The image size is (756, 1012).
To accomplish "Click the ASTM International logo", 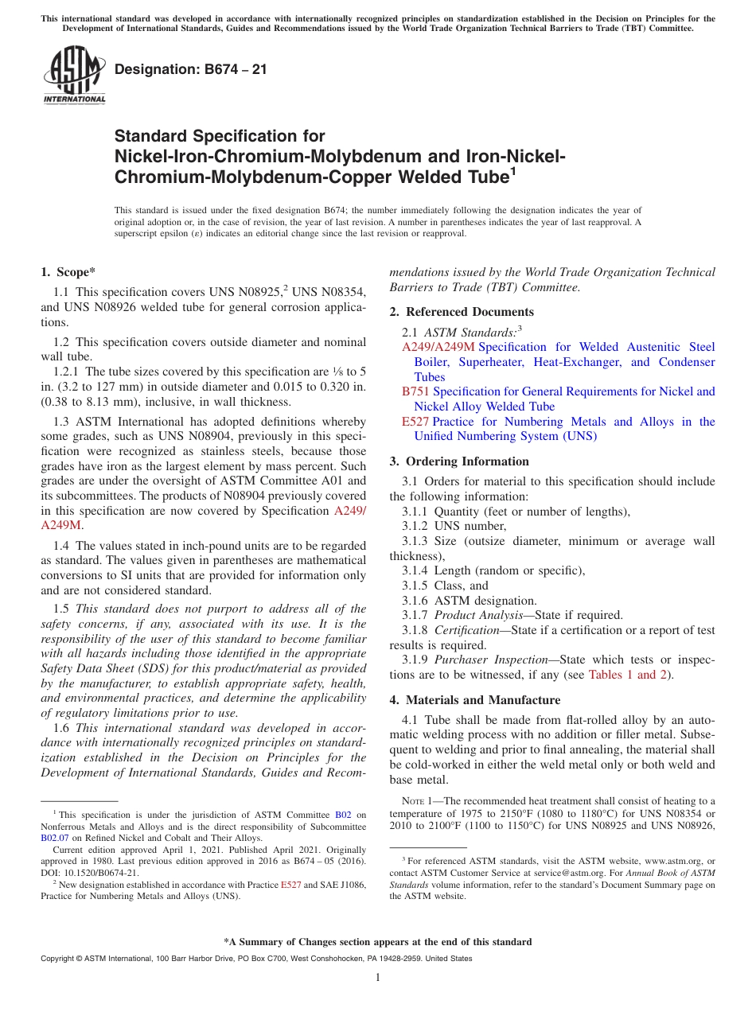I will pyautogui.click(x=74, y=76).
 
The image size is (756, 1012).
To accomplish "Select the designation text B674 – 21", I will pyautogui.click(x=191, y=70).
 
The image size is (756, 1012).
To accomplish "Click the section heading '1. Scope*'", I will pyautogui.click(x=68, y=272).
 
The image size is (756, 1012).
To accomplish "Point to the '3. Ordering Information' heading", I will pyautogui.click(x=459, y=461).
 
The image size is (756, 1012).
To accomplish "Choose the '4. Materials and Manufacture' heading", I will pyautogui.click(x=474, y=700).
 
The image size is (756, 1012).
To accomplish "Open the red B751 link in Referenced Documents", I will pyautogui.click(x=415, y=391).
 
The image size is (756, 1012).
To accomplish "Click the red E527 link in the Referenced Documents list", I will pyautogui.click(x=415, y=422).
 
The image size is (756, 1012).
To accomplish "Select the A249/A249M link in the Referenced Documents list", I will pyautogui.click(x=438, y=347).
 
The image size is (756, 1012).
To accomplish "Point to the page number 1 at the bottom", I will pyautogui.click(x=378, y=977).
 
